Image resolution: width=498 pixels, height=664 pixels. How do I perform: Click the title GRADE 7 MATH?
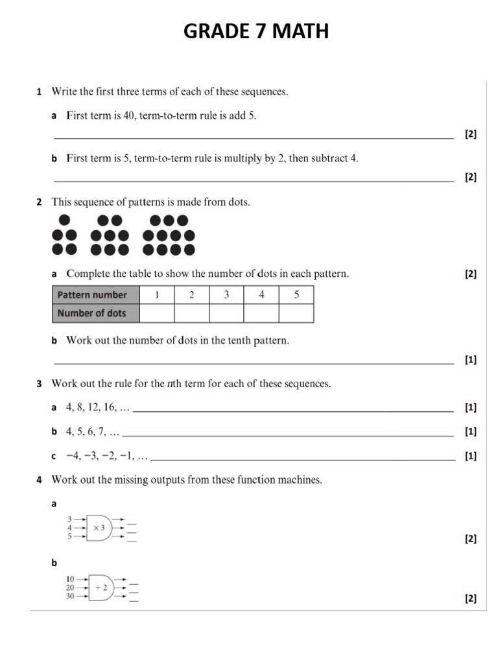[x=255, y=30]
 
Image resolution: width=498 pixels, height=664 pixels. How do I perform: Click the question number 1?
[x=39, y=92]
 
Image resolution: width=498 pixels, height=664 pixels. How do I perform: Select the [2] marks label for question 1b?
[x=470, y=177]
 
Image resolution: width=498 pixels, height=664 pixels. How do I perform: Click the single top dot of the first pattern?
[x=64, y=220]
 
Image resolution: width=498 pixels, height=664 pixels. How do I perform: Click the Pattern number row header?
[x=95, y=295]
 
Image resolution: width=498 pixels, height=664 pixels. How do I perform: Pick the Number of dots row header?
[x=95, y=313]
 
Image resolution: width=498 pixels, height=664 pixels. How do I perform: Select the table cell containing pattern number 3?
[x=226, y=295]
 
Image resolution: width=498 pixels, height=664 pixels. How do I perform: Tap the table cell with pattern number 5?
[x=296, y=295]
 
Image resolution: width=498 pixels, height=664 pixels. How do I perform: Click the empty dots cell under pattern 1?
[x=156, y=313]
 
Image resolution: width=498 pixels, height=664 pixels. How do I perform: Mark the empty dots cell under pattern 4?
[x=261, y=313]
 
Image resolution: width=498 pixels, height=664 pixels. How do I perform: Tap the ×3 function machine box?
[x=99, y=528]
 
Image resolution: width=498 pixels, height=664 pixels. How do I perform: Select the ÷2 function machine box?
[x=101, y=587]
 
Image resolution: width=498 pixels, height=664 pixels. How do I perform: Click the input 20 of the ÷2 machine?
[x=70, y=587]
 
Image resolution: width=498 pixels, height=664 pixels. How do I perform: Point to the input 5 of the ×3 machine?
[x=70, y=536]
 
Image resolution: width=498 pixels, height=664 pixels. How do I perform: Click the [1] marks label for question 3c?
[x=470, y=456]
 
